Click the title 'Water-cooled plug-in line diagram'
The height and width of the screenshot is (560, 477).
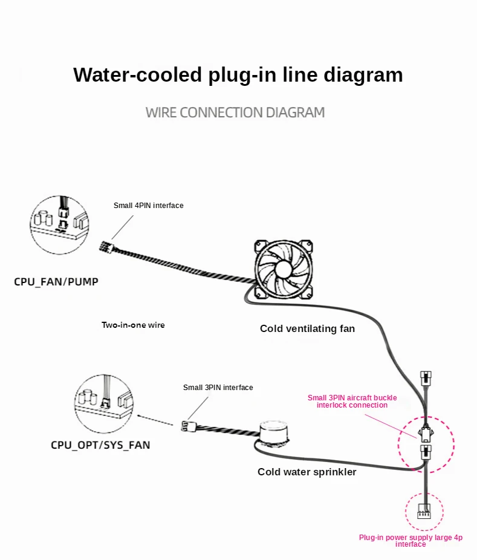(238, 74)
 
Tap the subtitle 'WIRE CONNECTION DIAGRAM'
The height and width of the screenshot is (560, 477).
(235, 112)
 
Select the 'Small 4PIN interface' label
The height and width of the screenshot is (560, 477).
(149, 206)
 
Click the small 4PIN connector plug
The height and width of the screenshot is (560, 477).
(106, 246)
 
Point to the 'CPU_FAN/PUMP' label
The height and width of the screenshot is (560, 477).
(56, 282)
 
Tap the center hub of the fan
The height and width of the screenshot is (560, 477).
(284, 269)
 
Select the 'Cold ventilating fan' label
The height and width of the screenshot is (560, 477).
(307, 328)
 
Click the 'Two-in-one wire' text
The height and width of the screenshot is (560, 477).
(133, 325)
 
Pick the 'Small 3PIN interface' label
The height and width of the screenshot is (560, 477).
(218, 388)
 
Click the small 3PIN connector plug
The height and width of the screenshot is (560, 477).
(186, 426)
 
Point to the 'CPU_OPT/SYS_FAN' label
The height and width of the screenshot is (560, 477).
(100, 445)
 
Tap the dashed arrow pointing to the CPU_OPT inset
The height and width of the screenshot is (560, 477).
(155, 420)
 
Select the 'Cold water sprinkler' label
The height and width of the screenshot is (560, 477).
(307, 472)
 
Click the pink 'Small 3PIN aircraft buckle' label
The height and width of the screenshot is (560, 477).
(352, 402)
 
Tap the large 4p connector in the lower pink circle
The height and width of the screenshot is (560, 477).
(424, 512)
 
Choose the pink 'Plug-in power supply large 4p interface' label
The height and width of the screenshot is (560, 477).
(410, 541)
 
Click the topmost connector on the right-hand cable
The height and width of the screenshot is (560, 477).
(426, 378)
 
